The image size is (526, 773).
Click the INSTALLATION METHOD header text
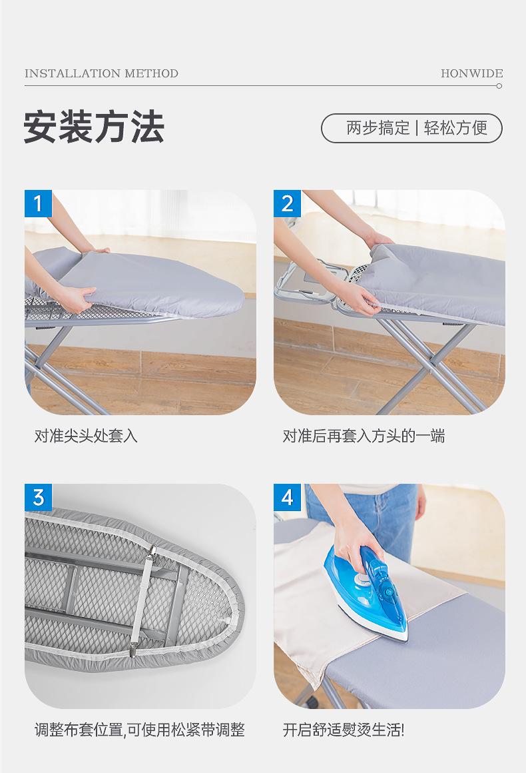tap(101, 73)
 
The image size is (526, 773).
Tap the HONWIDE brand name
tap(472, 73)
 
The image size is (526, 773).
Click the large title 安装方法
tap(94, 127)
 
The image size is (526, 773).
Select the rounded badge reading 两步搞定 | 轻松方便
tap(411, 128)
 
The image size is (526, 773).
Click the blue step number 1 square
tap(39, 204)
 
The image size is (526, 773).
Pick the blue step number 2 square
tap(288, 204)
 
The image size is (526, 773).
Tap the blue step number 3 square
tap(39, 497)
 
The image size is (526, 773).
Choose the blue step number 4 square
tap(288, 497)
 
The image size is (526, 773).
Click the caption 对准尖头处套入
tap(86, 436)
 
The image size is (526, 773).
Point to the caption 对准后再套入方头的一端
tap(364, 436)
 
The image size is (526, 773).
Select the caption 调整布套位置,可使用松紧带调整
tap(139, 730)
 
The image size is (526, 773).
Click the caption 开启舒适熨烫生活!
tap(344, 730)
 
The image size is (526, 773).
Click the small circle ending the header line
tap(499, 86)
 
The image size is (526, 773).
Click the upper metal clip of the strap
tap(154, 550)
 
